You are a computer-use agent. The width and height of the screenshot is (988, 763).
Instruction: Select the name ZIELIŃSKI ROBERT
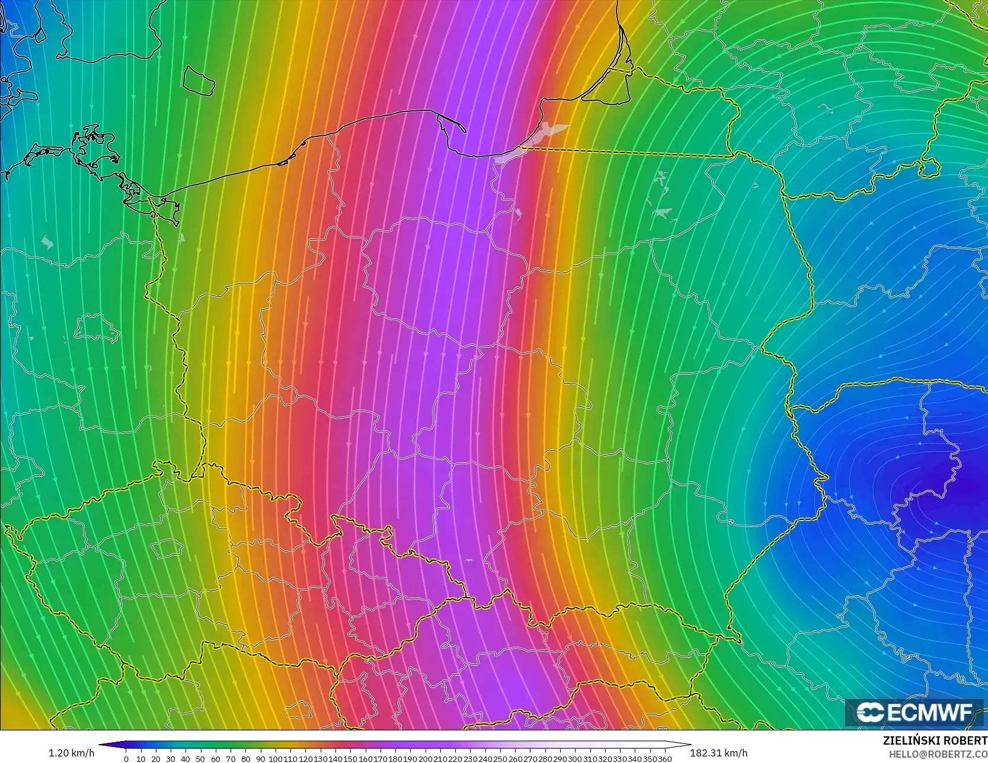tap(935, 740)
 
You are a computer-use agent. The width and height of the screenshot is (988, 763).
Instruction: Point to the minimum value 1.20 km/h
tap(71, 753)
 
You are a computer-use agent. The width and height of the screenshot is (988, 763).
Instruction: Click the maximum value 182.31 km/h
tap(718, 753)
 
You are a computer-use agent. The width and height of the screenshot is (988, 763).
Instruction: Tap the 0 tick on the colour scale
tap(126, 758)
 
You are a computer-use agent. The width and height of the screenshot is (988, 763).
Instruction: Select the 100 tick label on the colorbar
tap(275, 758)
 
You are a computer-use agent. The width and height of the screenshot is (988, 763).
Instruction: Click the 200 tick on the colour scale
tap(425, 758)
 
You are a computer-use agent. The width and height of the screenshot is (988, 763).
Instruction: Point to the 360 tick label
tap(664, 758)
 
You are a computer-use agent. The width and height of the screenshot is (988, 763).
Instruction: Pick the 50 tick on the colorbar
tap(200, 758)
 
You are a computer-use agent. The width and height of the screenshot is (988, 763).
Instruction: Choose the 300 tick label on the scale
tap(574, 758)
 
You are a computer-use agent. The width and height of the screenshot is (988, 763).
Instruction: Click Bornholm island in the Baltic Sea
tap(197, 80)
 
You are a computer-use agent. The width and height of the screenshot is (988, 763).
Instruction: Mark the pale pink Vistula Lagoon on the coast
tap(533, 142)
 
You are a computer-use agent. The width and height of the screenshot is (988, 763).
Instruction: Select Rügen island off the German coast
tap(95, 145)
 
